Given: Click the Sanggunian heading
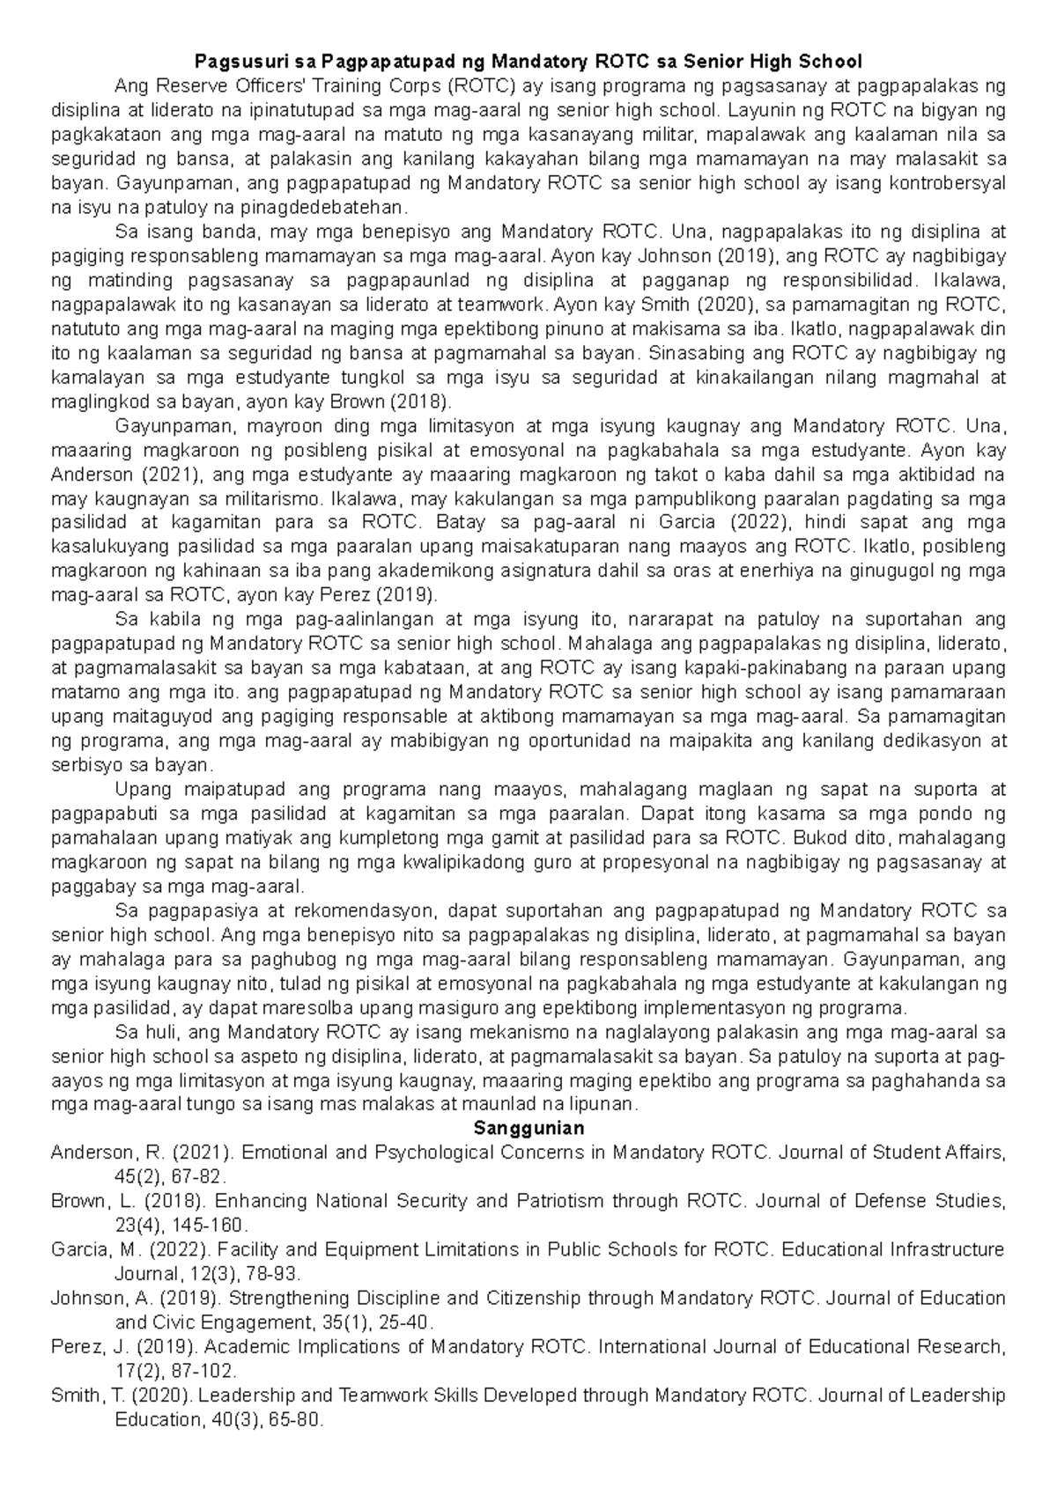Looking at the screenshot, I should (528, 1128).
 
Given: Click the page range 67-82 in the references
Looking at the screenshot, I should (197, 1176).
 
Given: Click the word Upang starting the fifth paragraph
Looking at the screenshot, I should (144, 789).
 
